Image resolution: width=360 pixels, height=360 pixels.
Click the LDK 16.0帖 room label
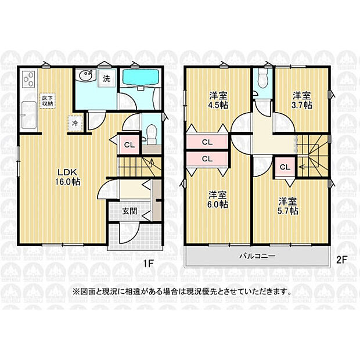point(67,177)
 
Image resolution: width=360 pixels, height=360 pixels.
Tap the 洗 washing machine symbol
point(106,78)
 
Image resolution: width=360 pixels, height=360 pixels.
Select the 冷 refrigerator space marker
point(75,123)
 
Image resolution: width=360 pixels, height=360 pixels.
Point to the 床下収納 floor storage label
point(48,100)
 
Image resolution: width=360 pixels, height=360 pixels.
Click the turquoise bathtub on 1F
point(141,77)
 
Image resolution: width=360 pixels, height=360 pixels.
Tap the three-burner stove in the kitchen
point(28,79)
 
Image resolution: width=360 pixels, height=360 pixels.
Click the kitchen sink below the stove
point(28,116)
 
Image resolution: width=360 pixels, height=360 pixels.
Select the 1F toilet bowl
point(152,134)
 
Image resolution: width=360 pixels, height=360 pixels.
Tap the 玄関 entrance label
point(129,211)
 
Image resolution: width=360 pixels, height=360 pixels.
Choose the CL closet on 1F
point(129,145)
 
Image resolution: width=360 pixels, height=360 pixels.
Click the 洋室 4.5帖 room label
point(218,100)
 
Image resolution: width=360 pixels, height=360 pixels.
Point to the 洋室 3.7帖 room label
point(302,100)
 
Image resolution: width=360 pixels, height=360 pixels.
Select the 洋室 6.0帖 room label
point(218,199)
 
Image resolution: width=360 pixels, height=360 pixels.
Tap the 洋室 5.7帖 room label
point(288,206)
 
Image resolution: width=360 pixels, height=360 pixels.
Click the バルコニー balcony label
point(257,255)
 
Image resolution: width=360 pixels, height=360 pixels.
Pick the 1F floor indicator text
point(148,264)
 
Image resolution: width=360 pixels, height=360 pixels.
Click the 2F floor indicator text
point(341,260)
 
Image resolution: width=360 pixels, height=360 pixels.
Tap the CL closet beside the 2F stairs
point(285,167)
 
